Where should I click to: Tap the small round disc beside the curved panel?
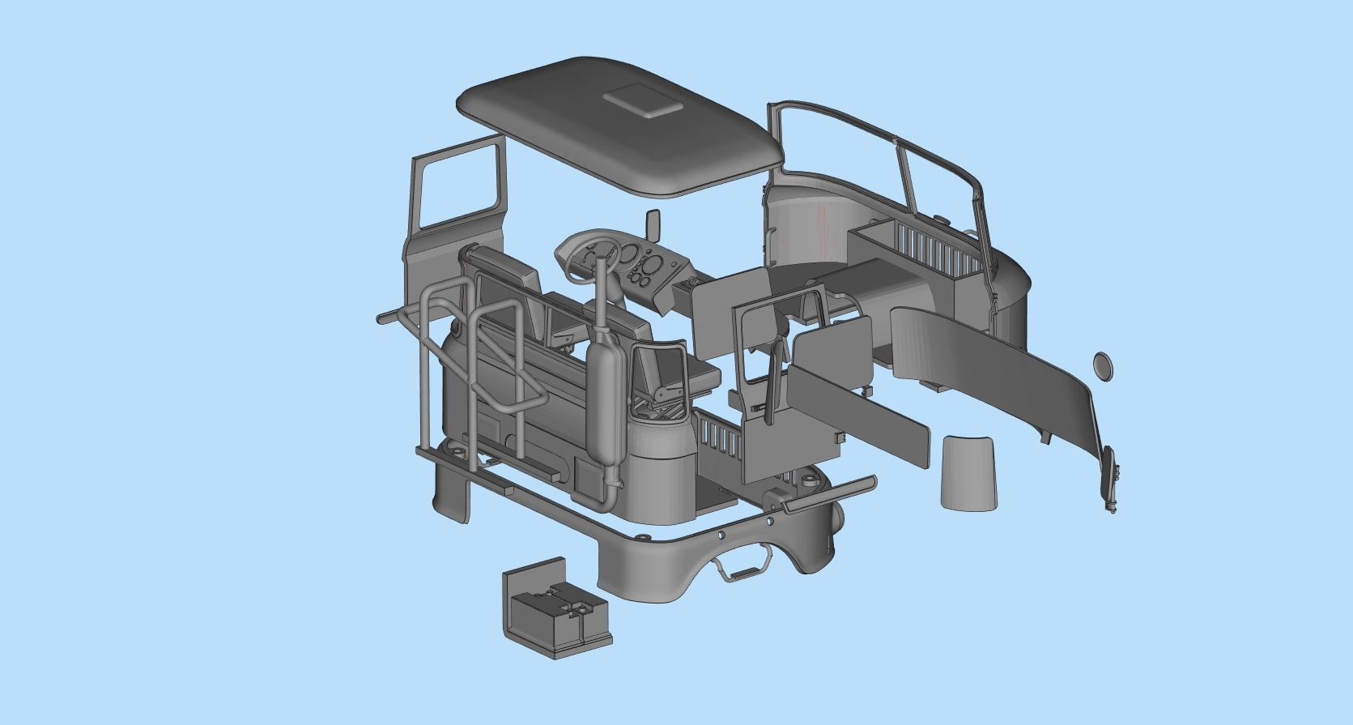[1102, 365]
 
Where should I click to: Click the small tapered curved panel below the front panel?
[969, 472]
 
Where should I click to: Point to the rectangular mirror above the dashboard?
[653, 225]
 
